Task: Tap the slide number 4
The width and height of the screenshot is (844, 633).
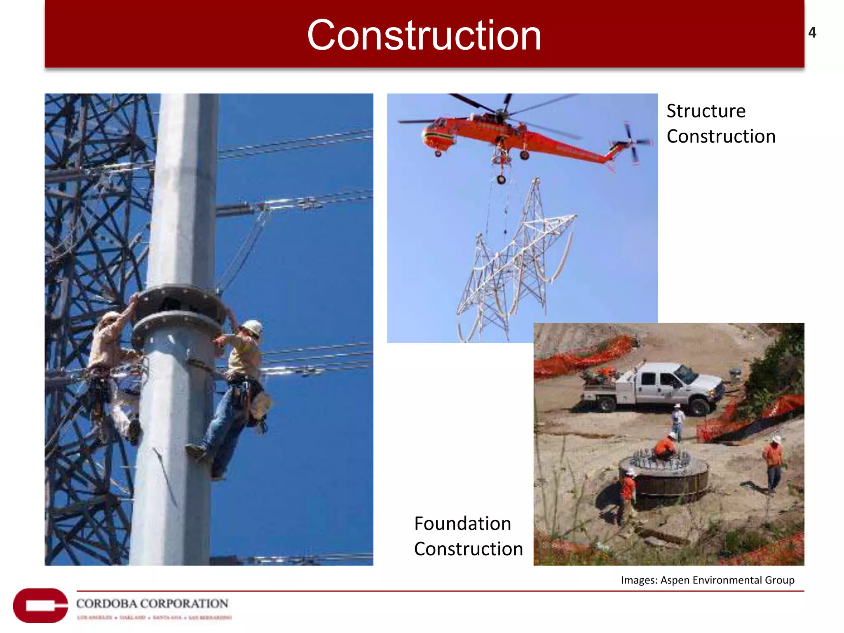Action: coord(812,33)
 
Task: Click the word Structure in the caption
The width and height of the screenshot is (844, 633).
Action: coord(706,111)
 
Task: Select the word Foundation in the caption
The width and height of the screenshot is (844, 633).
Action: coord(462,524)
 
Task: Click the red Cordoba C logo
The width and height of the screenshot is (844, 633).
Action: coord(40,605)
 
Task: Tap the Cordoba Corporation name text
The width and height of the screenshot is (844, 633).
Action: coord(152,603)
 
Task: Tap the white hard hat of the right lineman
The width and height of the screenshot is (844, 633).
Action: coord(252,327)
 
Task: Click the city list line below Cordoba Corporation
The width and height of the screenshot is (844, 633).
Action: coord(154,617)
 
